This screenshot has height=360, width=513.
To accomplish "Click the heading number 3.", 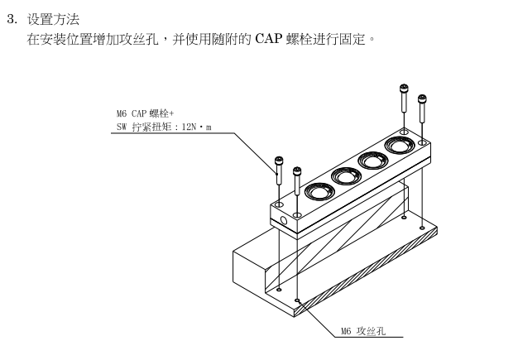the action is pos(12,19).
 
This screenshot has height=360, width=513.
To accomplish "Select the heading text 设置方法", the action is pos(53,19).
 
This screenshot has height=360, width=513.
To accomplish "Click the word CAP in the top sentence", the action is pos(268,39).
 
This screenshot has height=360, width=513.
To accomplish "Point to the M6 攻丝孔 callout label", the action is pos(363,331).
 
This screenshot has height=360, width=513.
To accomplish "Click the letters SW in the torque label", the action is pos(121,127).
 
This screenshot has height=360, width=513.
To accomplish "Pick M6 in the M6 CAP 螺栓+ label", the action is pos(122,113).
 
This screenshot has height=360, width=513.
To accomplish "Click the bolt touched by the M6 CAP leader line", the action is pos(279,170).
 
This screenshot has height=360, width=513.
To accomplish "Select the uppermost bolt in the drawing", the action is pos(405,98).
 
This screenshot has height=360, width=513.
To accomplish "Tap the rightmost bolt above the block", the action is pos(422,108).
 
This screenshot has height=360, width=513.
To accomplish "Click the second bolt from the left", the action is pos(297,181).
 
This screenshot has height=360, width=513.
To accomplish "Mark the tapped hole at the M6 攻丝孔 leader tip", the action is pos(297,300).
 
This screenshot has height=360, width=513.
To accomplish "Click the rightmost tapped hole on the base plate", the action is pos(422,228).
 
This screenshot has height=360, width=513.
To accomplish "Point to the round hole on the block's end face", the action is pos(284,221).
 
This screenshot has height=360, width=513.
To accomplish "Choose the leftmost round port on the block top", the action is pos(319,191).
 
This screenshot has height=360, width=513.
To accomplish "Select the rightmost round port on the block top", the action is pos(400,145).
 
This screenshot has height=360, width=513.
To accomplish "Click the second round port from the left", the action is pos(346,176).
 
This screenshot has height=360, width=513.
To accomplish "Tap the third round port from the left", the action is pos(373,161).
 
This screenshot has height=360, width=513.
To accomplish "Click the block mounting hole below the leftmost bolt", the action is pos(279,205).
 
